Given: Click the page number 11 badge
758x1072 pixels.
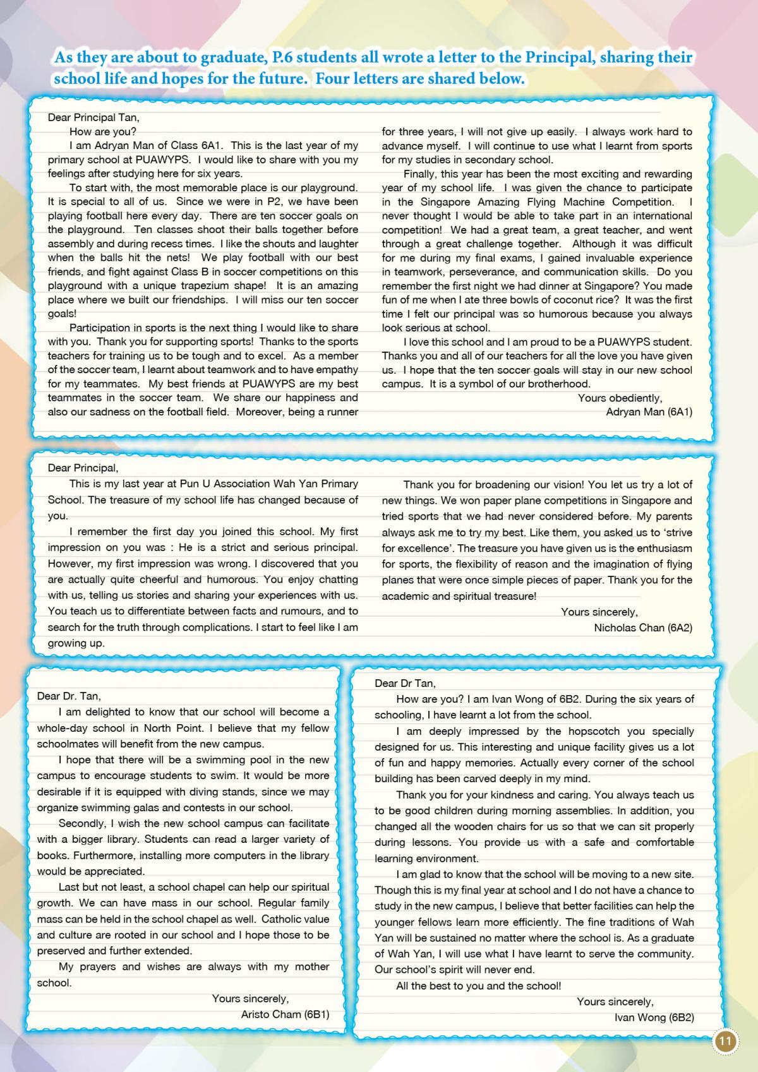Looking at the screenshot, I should pyautogui.click(x=724, y=1041).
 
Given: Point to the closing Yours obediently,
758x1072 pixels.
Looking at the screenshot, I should pyautogui.click(x=620, y=398).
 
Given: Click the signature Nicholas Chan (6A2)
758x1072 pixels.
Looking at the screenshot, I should pyautogui.click(x=643, y=628).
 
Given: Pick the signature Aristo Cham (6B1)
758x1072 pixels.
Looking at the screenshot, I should pyautogui.click(x=285, y=1015).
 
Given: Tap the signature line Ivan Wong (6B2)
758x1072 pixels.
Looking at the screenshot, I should pyautogui.click(x=654, y=1018).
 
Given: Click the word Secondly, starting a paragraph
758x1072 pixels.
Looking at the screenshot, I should pyautogui.click(x=82, y=823).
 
